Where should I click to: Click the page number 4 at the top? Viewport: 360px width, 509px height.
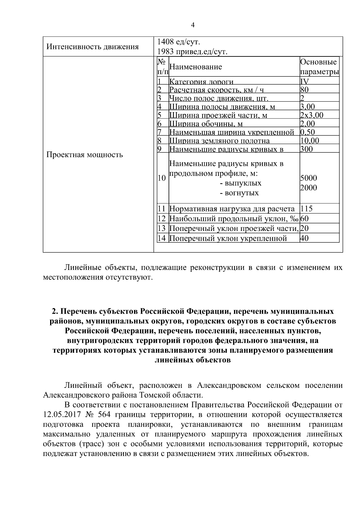pyautogui.click(x=193, y=25)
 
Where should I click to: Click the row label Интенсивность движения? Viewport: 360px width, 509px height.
pyautogui.click(x=93, y=46)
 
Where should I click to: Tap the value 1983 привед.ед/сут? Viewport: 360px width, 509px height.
pyautogui.click(x=192, y=52)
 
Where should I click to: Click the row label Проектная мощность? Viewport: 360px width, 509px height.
pyautogui.click(x=85, y=155)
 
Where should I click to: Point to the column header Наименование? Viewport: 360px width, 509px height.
pyautogui.click(x=196, y=67)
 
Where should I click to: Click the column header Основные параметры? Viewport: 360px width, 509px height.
pyautogui.click(x=319, y=67)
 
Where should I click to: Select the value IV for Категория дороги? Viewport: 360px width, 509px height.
pyautogui.click(x=304, y=82)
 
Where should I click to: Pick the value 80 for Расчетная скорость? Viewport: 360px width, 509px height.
pyautogui.click(x=304, y=90)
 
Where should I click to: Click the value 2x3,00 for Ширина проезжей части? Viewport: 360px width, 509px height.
pyautogui.click(x=311, y=115)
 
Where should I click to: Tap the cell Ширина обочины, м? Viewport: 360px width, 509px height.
pyautogui.click(x=206, y=124)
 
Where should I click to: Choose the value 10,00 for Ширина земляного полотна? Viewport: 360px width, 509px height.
pyautogui.click(x=310, y=141)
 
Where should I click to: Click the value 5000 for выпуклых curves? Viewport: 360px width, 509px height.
pyautogui.click(x=308, y=178)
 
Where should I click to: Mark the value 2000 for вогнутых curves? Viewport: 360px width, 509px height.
pyautogui.click(x=308, y=188)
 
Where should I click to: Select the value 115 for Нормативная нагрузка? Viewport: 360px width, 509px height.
pyautogui.click(x=307, y=209)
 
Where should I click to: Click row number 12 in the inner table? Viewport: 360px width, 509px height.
pyautogui.click(x=162, y=219)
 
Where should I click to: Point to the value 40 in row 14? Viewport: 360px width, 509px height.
pyautogui.click(x=304, y=238)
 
